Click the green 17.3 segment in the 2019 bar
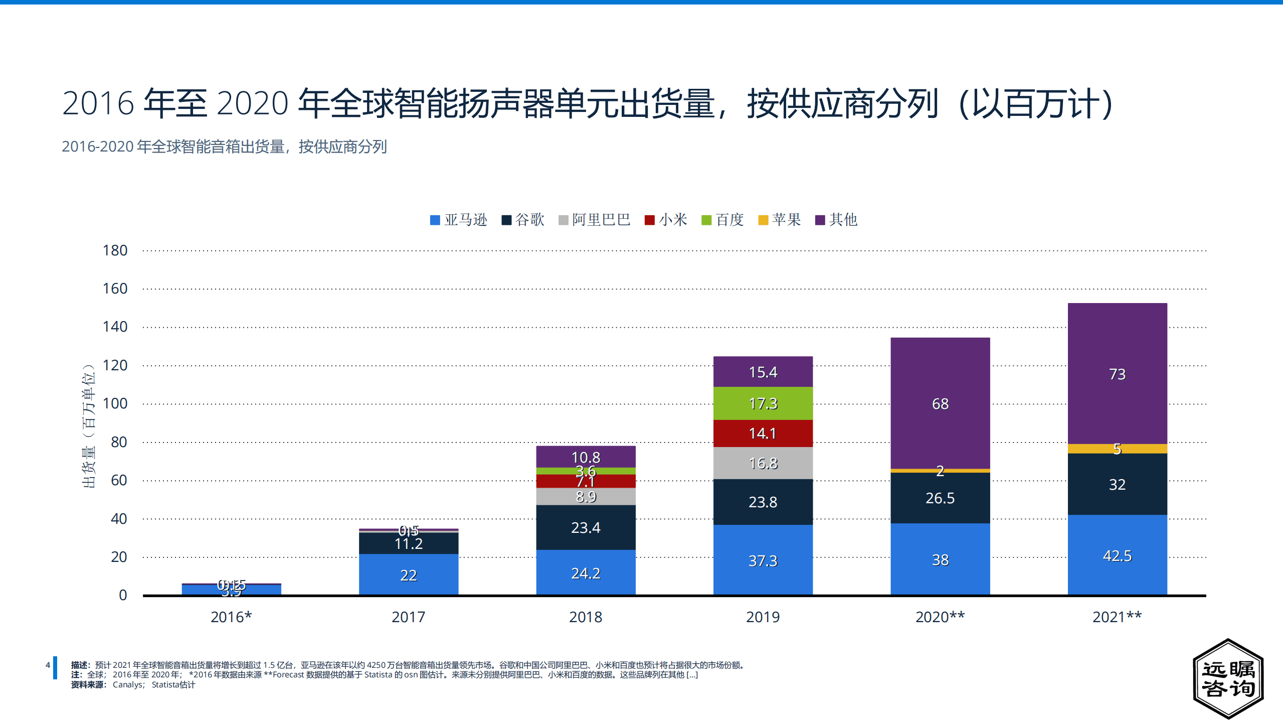tap(763, 403)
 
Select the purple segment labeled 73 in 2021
tap(1117, 373)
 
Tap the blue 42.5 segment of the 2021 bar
tap(1117, 555)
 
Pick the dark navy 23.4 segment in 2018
tap(585, 527)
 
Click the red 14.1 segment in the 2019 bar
tap(763, 433)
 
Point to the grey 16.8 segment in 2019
tap(763, 463)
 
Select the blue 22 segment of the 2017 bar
tap(408, 574)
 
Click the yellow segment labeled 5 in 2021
tap(1117, 449)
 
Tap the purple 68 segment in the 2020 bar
tap(940, 403)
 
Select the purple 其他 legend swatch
tap(820, 220)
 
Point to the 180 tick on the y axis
tap(115, 250)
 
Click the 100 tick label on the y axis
tap(115, 403)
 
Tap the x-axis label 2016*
tap(231, 617)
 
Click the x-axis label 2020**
tap(940, 617)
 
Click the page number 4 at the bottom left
tap(48, 665)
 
